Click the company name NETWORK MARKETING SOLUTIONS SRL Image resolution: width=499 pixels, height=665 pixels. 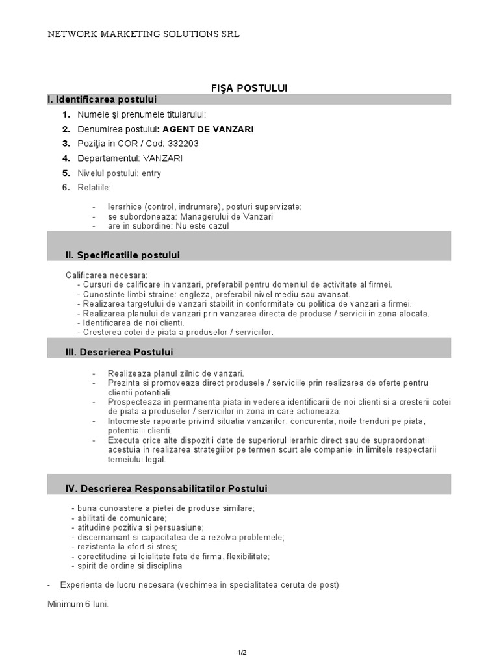(x=144, y=34)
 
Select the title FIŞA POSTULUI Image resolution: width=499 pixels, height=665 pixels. (x=249, y=88)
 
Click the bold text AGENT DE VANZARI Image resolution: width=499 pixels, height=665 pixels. (x=207, y=129)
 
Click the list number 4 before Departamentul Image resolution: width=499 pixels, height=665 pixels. (x=66, y=158)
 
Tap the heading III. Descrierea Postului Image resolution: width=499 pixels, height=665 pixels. (x=120, y=352)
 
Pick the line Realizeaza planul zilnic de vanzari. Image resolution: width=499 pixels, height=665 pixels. (x=176, y=373)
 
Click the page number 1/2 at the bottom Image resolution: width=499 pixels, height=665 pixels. (x=242, y=651)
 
